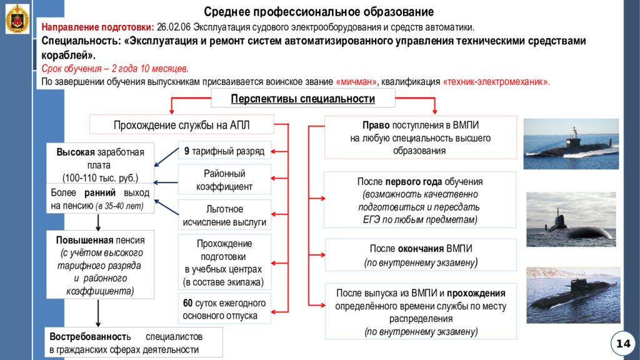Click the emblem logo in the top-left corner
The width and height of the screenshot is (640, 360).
pyautogui.click(x=17, y=19)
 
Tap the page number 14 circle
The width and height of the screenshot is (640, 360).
pyautogui.click(x=623, y=344)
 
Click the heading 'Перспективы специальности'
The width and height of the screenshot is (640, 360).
pyautogui.click(x=303, y=99)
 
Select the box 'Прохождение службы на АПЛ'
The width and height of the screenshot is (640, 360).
pyautogui.click(x=181, y=125)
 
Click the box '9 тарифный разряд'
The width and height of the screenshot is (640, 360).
pyautogui.click(x=224, y=151)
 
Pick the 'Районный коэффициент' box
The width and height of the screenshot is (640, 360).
pyautogui.click(x=224, y=180)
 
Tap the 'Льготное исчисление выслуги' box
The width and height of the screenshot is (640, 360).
pyautogui.click(x=224, y=215)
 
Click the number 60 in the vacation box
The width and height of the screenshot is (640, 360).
pyautogui.click(x=187, y=303)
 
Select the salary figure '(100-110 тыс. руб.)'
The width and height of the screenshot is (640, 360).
pyautogui.click(x=101, y=178)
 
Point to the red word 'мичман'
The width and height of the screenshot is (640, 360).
pyautogui.click(x=356, y=82)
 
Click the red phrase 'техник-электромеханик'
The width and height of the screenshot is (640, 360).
pyautogui.click(x=496, y=82)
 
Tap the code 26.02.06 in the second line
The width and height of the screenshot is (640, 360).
pyautogui.click(x=174, y=27)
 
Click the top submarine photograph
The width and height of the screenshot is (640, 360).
pyautogui.click(x=571, y=144)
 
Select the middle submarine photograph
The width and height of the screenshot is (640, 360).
pyautogui.click(x=571, y=219)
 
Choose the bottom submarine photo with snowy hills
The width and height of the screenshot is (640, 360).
pyautogui.click(x=573, y=295)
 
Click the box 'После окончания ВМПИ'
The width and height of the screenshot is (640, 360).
pyautogui.click(x=421, y=255)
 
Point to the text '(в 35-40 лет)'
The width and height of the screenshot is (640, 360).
pyautogui.click(x=119, y=206)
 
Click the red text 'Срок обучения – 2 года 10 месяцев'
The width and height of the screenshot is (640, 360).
pyautogui.click(x=115, y=69)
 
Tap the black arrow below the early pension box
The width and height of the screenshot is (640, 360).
pyautogui.click(x=98, y=222)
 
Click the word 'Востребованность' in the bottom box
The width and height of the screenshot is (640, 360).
pyautogui.click(x=90, y=337)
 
